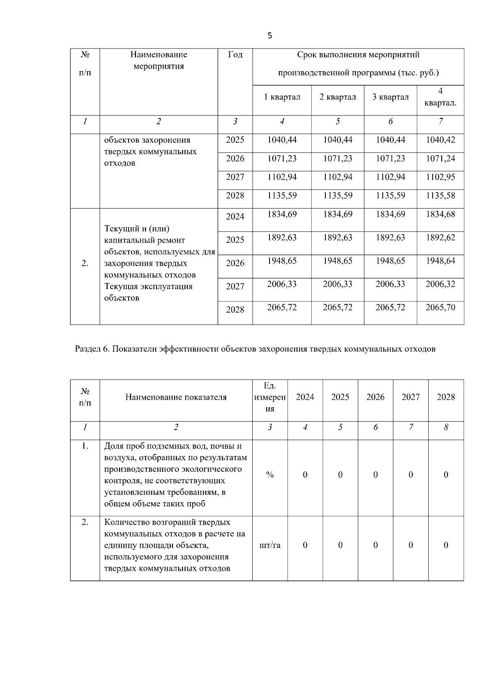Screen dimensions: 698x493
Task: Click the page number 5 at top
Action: (270, 36)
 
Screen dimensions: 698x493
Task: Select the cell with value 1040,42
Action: (440, 140)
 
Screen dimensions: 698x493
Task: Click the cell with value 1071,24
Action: (440, 159)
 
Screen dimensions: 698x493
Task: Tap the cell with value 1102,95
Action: (440, 177)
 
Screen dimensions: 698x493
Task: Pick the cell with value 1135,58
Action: (440, 196)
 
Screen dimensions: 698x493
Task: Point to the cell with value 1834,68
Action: (440, 214)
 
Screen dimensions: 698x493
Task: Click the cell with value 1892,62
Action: (440, 238)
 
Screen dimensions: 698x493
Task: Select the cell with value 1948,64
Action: (440, 261)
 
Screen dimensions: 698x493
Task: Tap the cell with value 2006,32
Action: (440, 284)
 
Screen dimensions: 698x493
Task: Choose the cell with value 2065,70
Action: (440, 308)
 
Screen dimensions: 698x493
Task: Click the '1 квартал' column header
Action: (282, 97)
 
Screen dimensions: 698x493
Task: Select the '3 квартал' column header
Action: (390, 97)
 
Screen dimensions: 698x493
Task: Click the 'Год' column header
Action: (235, 55)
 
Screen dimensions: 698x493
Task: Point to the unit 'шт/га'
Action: (270, 545)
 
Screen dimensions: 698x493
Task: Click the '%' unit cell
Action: (270, 475)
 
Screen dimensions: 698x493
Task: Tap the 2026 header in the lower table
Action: (375, 397)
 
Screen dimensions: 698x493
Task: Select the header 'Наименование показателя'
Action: (176, 397)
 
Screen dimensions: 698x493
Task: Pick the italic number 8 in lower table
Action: (446, 428)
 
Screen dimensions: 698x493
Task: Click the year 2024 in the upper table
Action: (235, 217)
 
